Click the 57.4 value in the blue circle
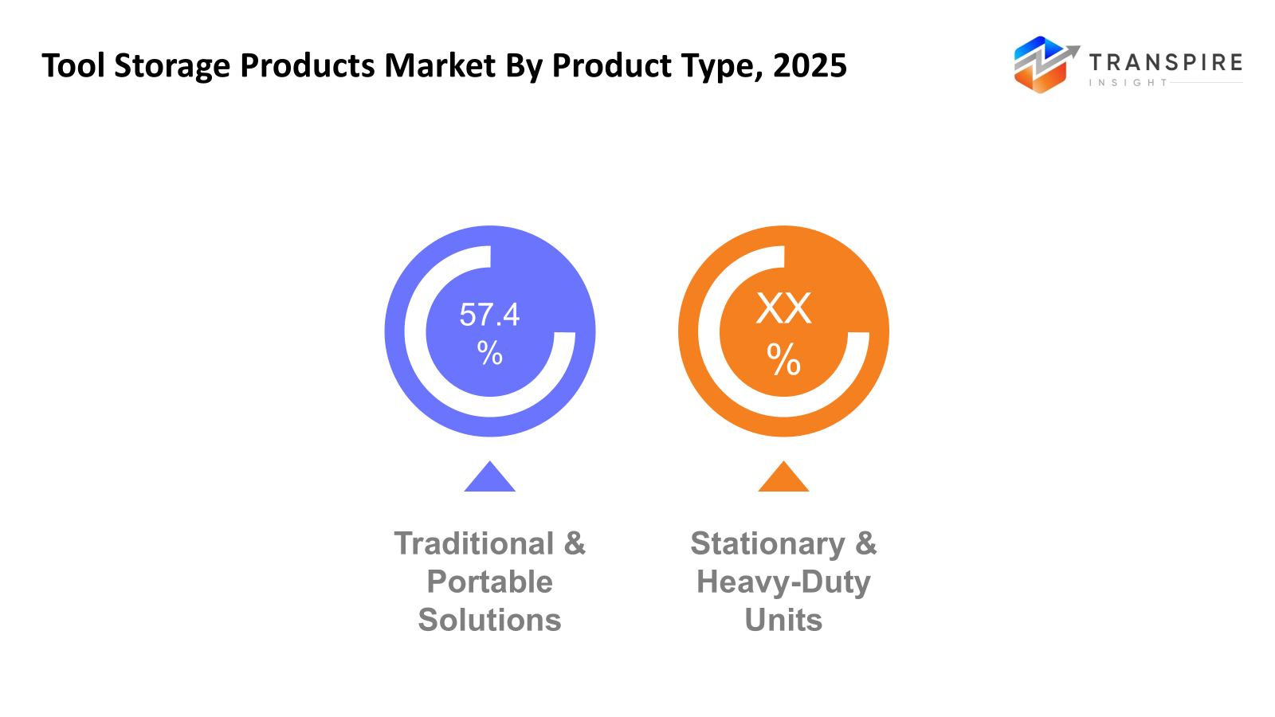coord(489,315)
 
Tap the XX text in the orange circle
coord(783,308)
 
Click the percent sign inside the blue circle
coord(489,352)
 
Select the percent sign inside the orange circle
coord(783,360)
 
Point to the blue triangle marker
coord(489,479)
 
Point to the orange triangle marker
coord(783,479)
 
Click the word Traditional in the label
coord(474,544)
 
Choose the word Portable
coord(489,582)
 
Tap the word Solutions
coord(489,621)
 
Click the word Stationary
coord(767,544)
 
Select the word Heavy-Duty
coord(783,582)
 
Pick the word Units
coord(783,621)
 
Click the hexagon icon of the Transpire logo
coord(1041,65)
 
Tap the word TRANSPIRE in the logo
coord(1165,62)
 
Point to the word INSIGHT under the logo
coord(1128,83)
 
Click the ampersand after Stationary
coord(865,544)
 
